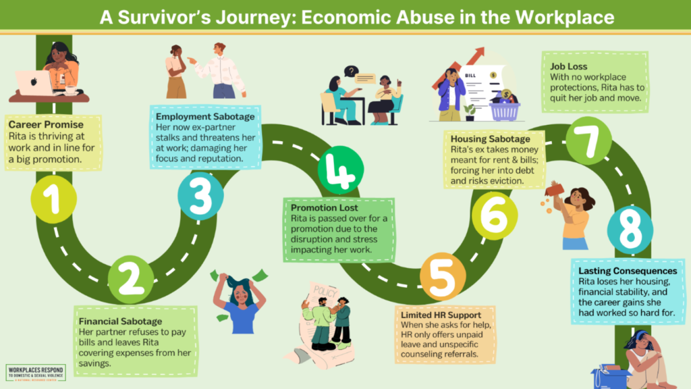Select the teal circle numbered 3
tap(201, 196)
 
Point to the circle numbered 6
tap(495, 215)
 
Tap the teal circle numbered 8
tap(630, 229)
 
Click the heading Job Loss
tap(568, 67)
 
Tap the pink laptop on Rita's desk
tap(35, 82)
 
